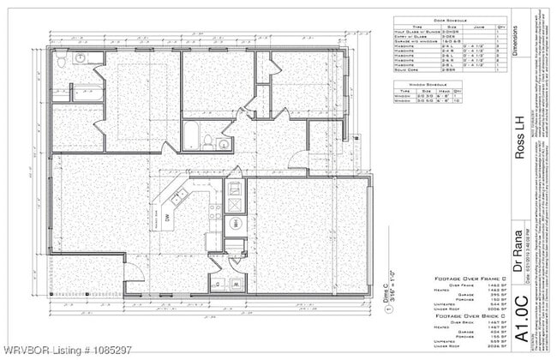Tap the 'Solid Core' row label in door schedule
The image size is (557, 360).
[x=410, y=73]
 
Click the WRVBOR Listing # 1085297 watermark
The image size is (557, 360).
[x=67, y=350]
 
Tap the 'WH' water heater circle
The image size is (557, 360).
[x=236, y=224]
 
